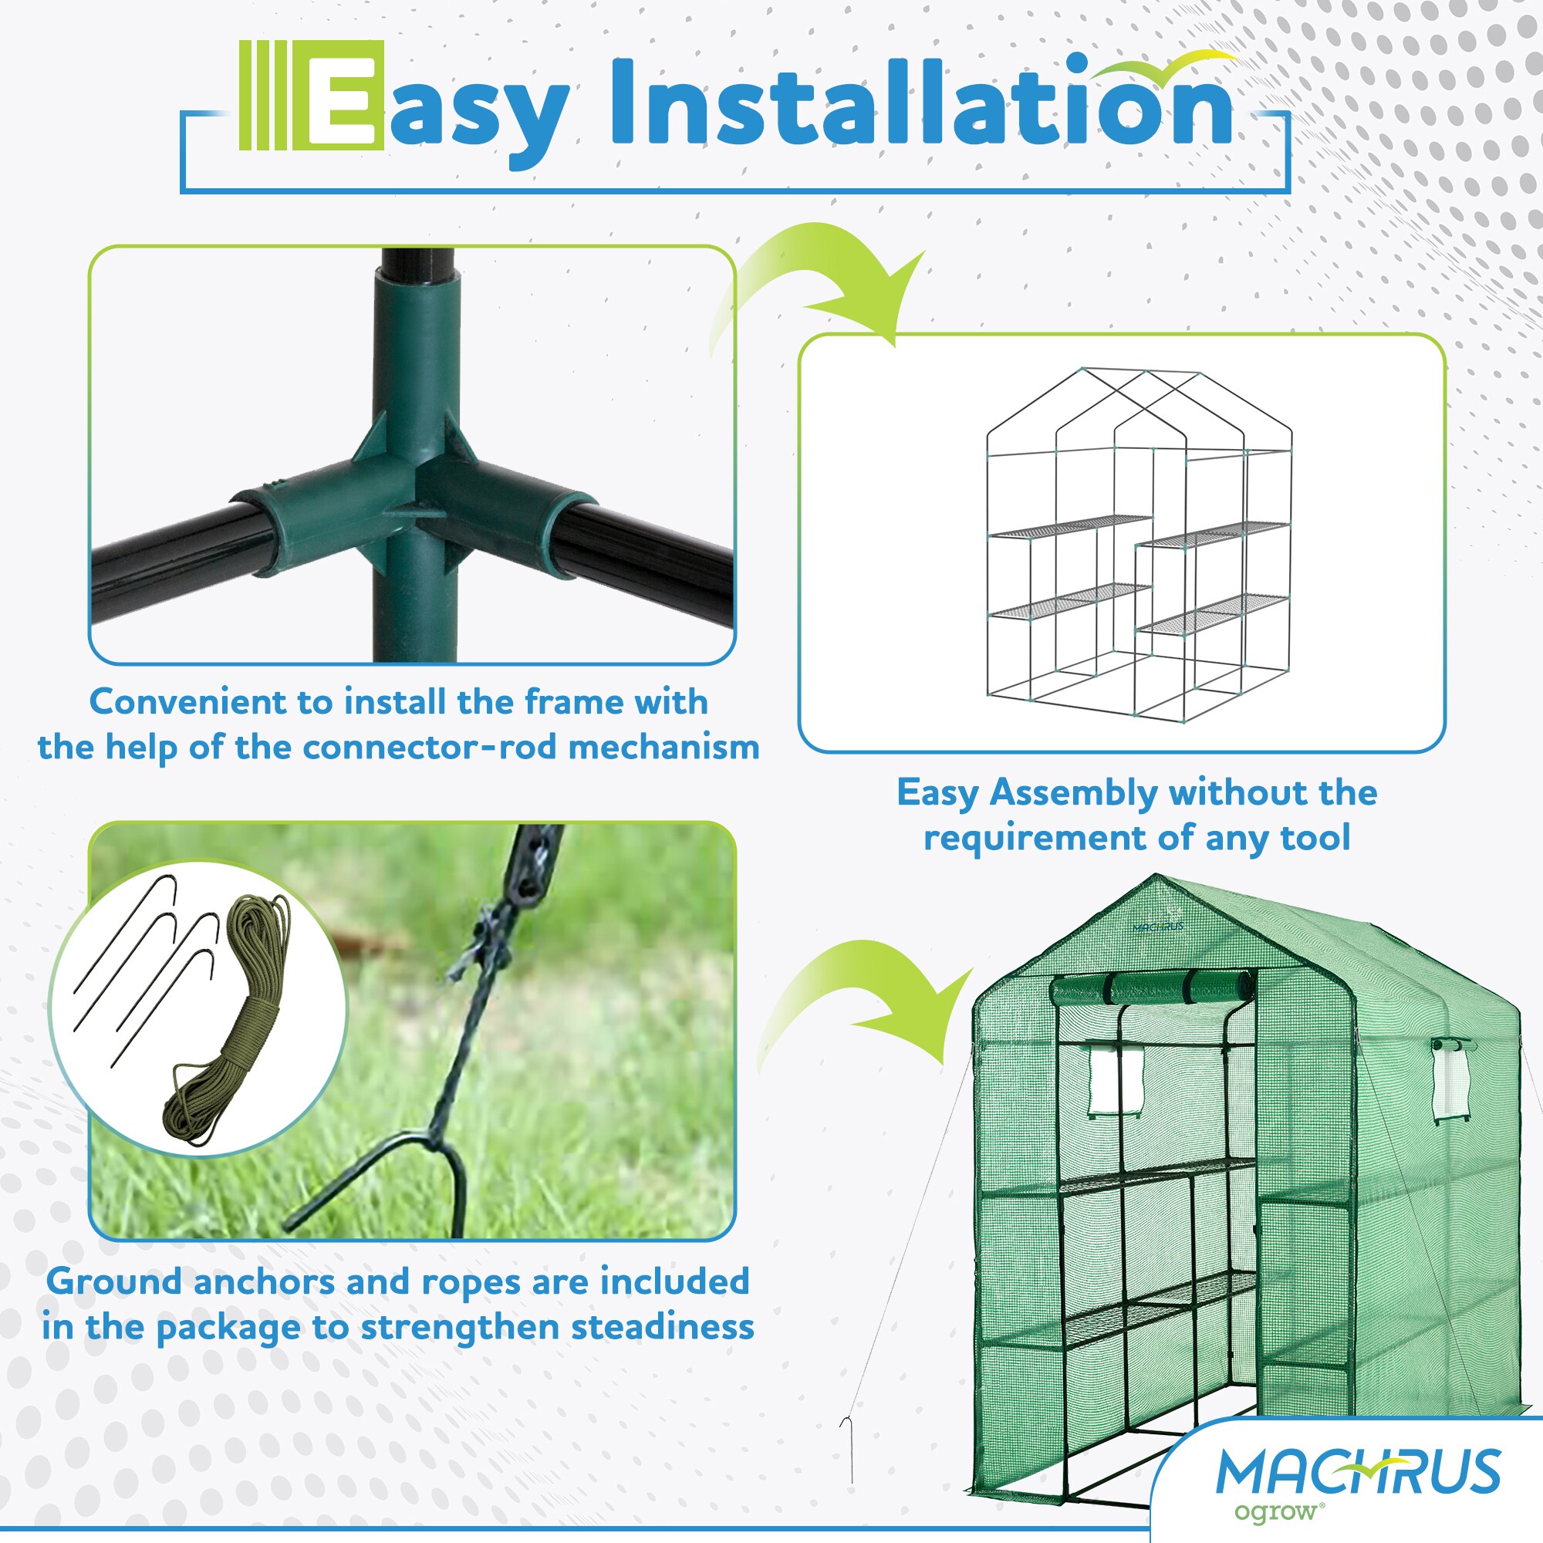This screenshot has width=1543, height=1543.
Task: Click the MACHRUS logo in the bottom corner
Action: (x=1358, y=1471)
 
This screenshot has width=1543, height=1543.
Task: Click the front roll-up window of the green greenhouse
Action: (x=1116, y=1080)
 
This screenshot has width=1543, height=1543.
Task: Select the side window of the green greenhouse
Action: (x=1452, y=1079)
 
